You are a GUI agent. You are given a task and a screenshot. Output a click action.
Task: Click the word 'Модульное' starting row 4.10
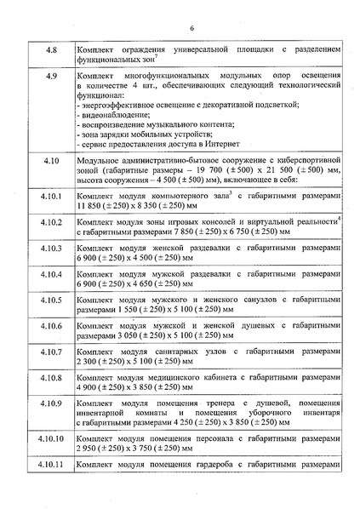click(x=99, y=159)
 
